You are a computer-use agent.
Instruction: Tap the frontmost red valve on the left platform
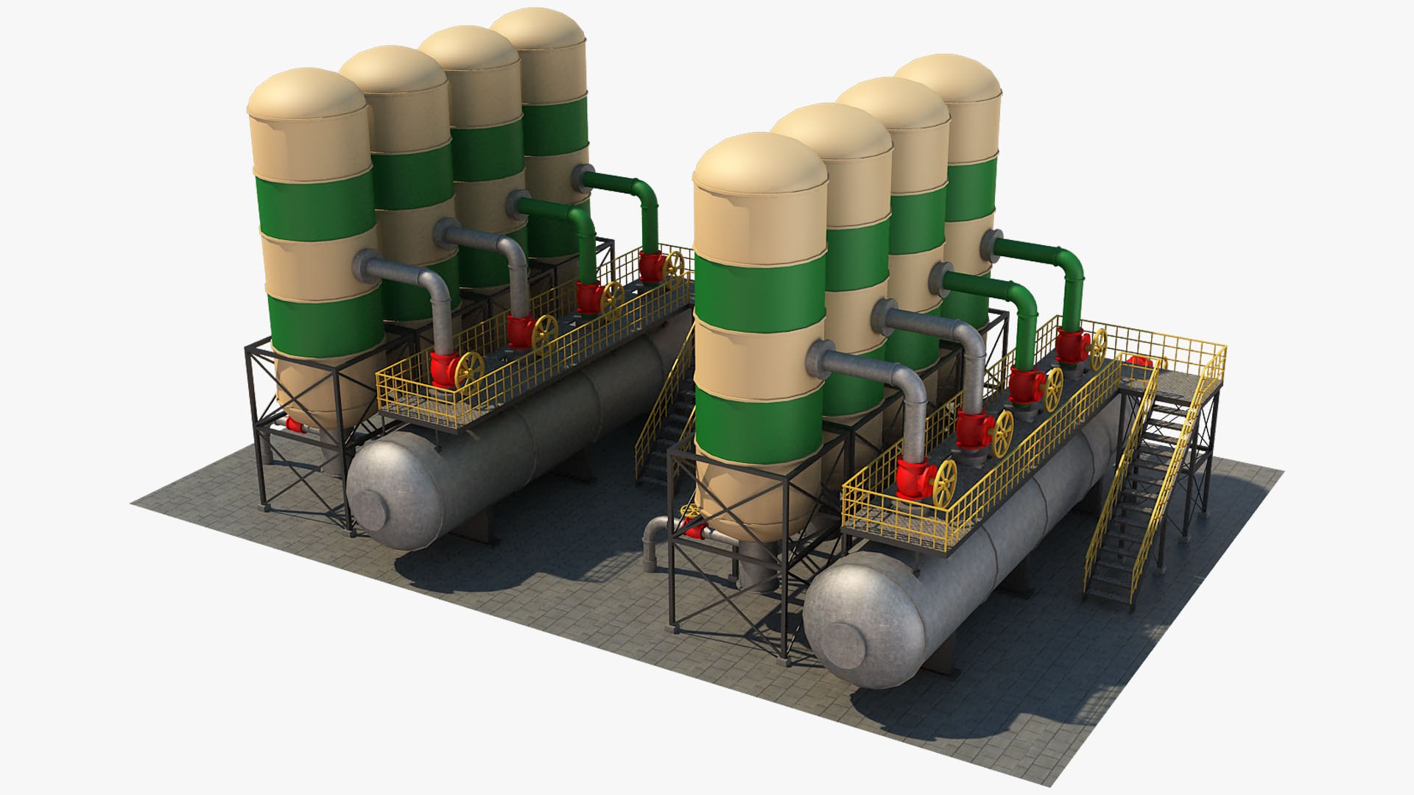[x=443, y=368]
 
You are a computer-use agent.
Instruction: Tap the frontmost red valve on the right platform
[x=913, y=478]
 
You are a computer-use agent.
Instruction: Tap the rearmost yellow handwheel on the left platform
[x=674, y=269]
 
